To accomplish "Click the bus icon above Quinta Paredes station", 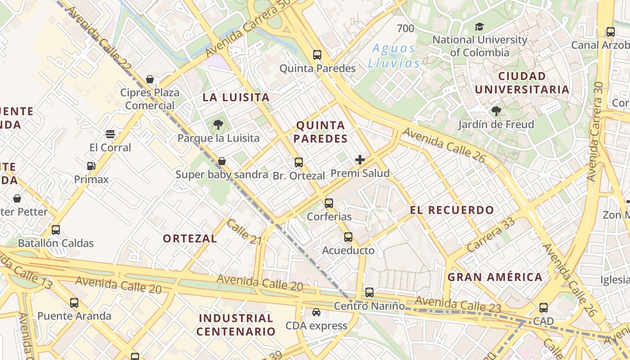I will [x=317, y=55].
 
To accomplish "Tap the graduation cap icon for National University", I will [x=479, y=27].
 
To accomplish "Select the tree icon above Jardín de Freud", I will [x=496, y=111].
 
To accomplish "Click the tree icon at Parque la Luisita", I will [x=218, y=124].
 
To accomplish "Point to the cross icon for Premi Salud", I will [x=360, y=160].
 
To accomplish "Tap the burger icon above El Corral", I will [x=110, y=134].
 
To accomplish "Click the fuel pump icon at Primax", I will [x=91, y=166].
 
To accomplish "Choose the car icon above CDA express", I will [x=316, y=312].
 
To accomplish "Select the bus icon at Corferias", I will [x=329, y=203].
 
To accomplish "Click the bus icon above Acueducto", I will [x=348, y=237].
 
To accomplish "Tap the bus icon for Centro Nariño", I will [x=369, y=292].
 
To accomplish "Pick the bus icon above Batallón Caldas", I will [x=56, y=230].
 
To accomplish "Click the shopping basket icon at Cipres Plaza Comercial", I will [x=150, y=79].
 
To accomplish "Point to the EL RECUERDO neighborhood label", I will [x=452, y=210].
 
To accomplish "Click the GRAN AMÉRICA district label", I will [x=495, y=277].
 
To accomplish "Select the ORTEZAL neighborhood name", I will [x=190, y=238].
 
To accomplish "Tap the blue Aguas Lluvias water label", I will [x=394, y=56].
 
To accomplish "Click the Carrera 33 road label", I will [x=490, y=234].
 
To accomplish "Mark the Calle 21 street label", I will [x=244, y=232].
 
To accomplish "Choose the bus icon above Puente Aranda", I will [x=74, y=303].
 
